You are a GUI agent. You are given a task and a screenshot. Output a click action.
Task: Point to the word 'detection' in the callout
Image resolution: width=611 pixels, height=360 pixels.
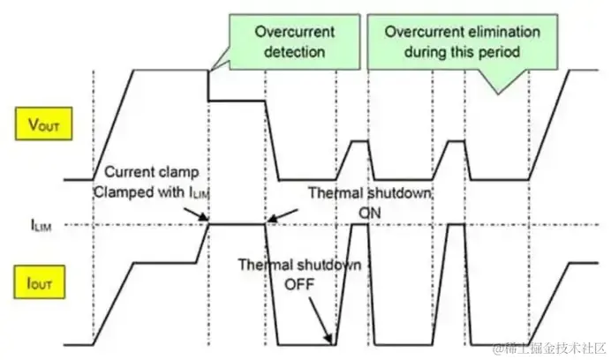(283, 51)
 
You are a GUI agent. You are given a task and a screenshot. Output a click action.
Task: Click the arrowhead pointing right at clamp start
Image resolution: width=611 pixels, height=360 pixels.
(204, 220)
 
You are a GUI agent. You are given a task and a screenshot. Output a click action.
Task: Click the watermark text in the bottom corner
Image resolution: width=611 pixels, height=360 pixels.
(547, 345)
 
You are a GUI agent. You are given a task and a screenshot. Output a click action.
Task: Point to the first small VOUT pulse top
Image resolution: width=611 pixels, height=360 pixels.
(359, 140)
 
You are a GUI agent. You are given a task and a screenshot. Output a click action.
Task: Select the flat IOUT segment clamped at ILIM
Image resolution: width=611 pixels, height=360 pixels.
(237, 225)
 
